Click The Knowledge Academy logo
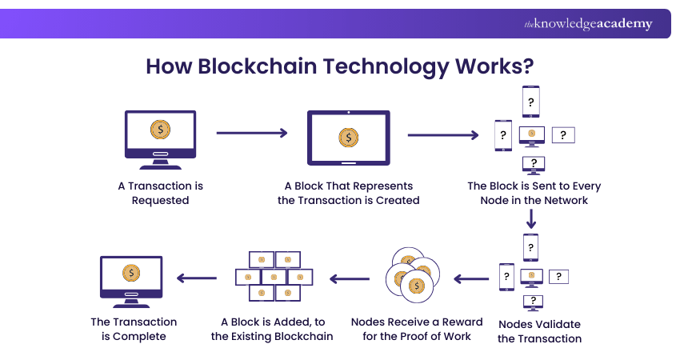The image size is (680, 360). click(x=588, y=24)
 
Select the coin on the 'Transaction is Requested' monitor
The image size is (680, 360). click(x=160, y=128)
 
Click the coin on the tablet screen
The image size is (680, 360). click(x=348, y=138)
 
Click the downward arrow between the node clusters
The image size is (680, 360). click(x=531, y=218)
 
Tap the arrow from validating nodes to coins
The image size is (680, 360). click(x=472, y=279)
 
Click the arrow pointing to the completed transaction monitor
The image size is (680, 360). click(x=197, y=279)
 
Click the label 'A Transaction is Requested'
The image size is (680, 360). click(x=160, y=193)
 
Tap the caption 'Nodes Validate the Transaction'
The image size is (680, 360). click(x=539, y=331)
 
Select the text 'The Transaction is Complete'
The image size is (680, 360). click(x=134, y=329)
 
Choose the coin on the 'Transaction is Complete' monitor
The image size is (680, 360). click(x=130, y=273)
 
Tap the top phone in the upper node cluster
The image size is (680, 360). click(x=530, y=102)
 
